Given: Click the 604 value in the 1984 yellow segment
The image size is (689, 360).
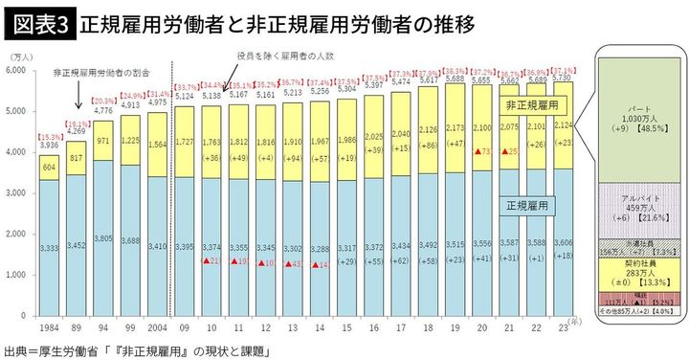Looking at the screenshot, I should pyautogui.click(x=48, y=166).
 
